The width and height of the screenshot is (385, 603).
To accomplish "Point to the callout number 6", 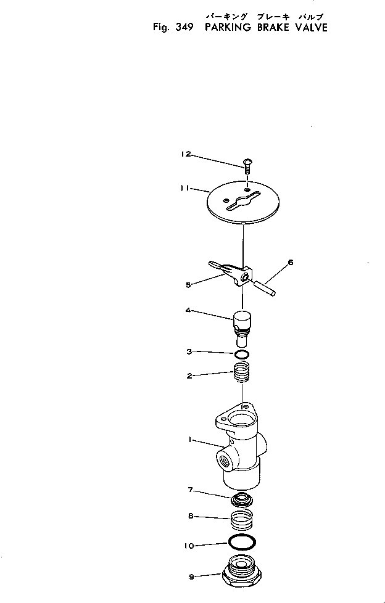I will tap(291, 262).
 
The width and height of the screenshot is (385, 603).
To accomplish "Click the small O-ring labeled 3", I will tap(242, 355).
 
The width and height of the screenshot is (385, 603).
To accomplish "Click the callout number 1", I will tap(191, 440).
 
